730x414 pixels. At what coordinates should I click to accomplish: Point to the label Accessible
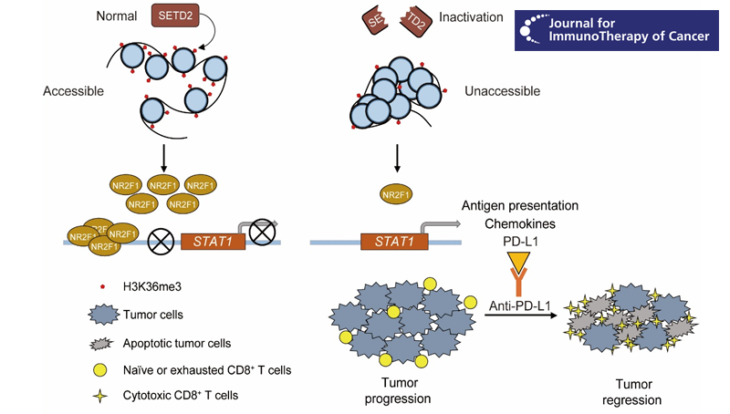[x=73, y=91]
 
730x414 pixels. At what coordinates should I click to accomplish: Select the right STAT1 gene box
[x=394, y=242]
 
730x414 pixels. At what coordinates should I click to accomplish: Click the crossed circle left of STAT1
[x=161, y=242]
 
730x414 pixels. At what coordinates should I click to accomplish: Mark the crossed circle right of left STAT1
[x=262, y=233]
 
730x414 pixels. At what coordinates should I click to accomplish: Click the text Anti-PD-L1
[x=519, y=306]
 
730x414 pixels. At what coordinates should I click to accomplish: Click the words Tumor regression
[x=631, y=391]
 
